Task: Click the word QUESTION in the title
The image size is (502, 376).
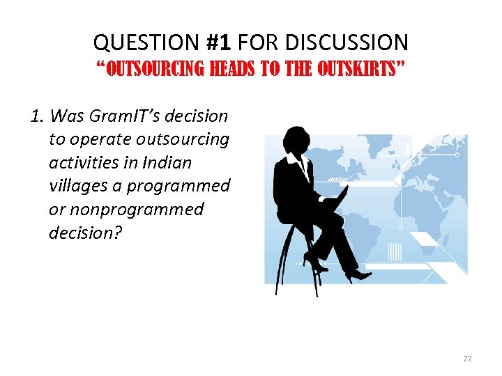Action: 147,42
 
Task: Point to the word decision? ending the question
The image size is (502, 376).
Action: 85,233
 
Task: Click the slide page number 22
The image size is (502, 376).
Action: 467,359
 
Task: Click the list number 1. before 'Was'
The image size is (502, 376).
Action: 39,116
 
